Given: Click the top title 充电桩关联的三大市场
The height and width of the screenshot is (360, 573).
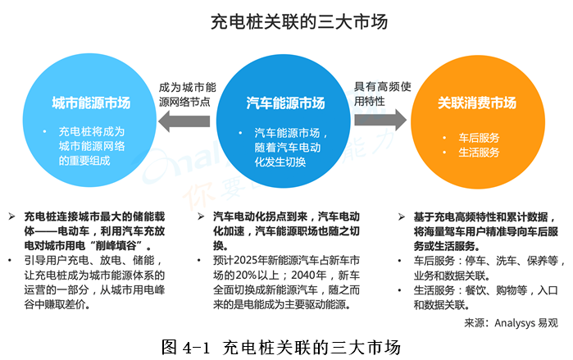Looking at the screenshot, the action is [299, 22].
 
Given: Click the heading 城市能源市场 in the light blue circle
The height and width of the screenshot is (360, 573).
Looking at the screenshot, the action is [91, 103].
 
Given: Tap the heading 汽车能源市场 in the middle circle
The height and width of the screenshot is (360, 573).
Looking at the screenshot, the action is [285, 103].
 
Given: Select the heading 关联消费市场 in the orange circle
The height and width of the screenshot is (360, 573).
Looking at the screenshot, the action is [477, 103].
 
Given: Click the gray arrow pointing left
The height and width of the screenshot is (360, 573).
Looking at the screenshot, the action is [184, 121].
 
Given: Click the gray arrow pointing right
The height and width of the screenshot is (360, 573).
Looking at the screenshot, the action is [380, 120].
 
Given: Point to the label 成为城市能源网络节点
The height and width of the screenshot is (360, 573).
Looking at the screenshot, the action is [188, 94].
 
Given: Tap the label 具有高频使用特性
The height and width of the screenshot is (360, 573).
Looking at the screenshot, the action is [383, 94].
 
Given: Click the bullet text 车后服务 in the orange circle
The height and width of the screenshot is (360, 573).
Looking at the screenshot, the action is [479, 138].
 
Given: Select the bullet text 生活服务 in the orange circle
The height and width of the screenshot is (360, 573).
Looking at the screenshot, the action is [479, 152].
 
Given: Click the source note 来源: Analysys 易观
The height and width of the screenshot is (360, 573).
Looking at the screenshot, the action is [511, 323].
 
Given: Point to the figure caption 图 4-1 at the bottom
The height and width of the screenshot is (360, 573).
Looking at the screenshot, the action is [185, 347].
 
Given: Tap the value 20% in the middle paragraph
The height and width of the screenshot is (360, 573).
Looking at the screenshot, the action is [246, 275].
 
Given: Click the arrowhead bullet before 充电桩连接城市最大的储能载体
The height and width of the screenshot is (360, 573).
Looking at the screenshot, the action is [11, 216].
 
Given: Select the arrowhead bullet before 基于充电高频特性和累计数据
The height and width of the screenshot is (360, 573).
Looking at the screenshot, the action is [401, 216].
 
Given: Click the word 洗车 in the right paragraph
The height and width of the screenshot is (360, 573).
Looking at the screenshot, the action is [506, 261].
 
